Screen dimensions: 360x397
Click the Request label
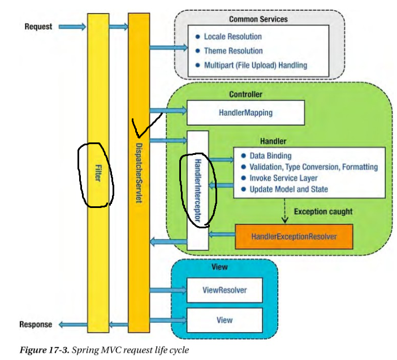point(38,27)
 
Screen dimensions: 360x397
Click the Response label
point(36,324)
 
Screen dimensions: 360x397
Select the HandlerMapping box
point(245,112)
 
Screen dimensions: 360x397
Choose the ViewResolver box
point(225,292)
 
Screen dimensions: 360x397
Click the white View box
point(225,320)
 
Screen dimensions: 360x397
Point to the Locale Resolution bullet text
point(232,37)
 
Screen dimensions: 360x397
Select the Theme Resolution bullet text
point(232,51)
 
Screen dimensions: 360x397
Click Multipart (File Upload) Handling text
point(256,65)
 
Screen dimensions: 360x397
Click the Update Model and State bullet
point(288,189)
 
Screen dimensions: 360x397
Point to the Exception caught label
point(323,211)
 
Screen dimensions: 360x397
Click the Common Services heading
point(258,19)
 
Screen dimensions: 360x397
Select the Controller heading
point(245,94)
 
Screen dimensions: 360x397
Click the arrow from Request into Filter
point(72,26)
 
